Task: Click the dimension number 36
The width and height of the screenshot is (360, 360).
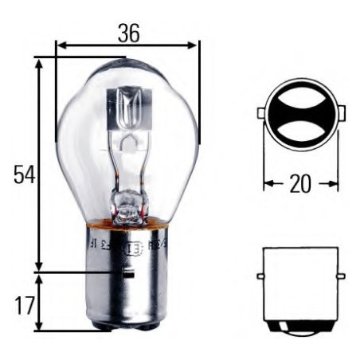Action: point(128,33)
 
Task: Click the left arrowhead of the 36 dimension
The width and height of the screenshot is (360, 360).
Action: point(61,45)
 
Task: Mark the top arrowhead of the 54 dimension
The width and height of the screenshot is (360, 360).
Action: point(38,62)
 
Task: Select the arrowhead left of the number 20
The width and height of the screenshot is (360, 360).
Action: point(268,184)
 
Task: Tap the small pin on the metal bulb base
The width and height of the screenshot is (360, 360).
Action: point(127,273)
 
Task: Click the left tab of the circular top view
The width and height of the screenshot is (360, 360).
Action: point(260,114)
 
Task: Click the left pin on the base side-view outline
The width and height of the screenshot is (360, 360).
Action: point(260,276)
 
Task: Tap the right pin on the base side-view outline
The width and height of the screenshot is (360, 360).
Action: point(341,276)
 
